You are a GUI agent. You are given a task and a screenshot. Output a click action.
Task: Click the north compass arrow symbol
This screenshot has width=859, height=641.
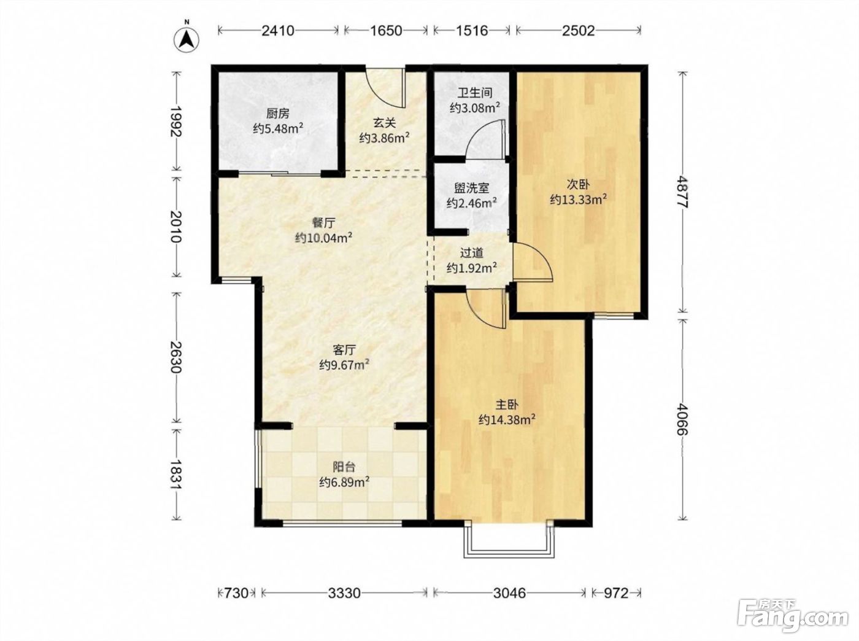tap(187, 39)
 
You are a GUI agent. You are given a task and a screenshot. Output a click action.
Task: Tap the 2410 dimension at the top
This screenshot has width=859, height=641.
tap(278, 31)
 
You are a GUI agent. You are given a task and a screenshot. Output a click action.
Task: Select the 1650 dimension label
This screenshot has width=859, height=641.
tap(386, 31)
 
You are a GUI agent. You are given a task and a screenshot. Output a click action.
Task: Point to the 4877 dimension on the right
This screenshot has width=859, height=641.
tap(682, 192)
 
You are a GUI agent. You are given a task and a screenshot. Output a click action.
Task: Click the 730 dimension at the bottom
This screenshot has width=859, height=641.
tap(236, 593)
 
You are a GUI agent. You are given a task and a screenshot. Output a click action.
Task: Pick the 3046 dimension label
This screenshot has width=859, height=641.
tap(509, 593)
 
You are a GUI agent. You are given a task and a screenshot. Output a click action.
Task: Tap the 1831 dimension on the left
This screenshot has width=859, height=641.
tap(177, 474)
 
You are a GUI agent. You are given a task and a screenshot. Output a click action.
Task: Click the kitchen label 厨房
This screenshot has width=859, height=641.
tap(278, 114)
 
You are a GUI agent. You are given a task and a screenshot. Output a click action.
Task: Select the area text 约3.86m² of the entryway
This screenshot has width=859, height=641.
tap(384, 138)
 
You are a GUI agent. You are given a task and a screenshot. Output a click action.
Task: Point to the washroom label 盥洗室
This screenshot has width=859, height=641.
tap(472, 188)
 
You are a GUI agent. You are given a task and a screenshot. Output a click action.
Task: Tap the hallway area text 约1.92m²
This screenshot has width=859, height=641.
tap(472, 268)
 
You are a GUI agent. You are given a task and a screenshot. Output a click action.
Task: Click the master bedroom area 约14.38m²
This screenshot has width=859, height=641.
tap(507, 420)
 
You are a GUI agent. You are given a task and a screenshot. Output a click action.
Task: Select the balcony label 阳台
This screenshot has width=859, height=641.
tap(344, 467)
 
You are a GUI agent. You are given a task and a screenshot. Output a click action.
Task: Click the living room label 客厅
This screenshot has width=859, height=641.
tap(344, 349)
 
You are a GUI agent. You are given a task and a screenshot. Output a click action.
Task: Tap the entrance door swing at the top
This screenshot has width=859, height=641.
tap(385, 88)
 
